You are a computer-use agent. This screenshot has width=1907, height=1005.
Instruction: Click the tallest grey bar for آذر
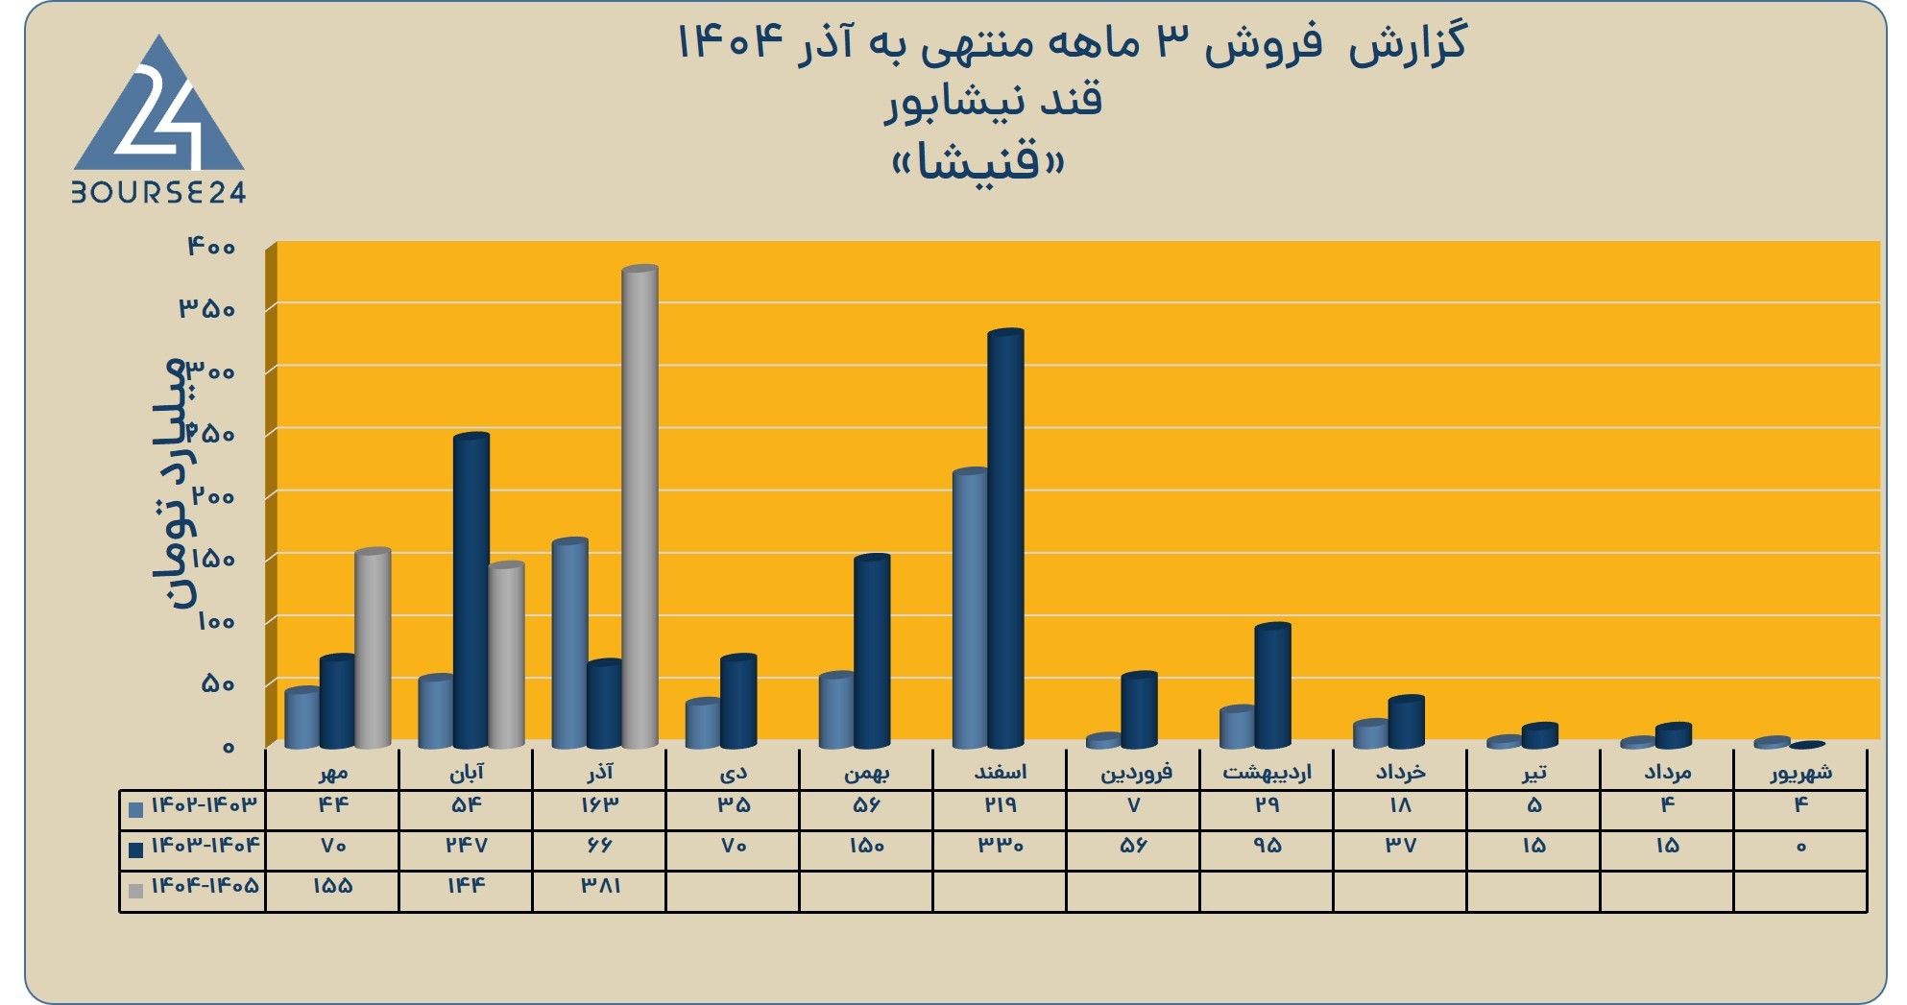point(640,507)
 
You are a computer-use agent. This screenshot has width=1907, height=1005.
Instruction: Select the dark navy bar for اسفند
point(1005,538)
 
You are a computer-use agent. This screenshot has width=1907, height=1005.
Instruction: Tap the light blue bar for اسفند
point(970,608)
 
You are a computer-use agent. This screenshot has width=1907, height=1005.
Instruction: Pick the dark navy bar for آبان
point(471,590)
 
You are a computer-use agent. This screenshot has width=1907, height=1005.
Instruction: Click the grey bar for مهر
point(373,648)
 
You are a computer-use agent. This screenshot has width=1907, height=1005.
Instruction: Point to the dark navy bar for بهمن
point(872,651)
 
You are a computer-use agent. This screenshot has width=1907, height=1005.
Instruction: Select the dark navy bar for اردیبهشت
point(1272,685)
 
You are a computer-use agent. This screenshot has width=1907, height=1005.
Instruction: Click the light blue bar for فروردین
point(1103,741)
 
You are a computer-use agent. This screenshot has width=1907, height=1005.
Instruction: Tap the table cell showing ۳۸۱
point(600,886)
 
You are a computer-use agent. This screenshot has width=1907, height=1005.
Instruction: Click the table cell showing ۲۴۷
point(467,846)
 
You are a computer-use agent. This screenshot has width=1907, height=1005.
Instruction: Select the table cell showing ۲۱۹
point(1000,805)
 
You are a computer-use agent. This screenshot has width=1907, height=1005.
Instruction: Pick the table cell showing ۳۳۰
point(1000,846)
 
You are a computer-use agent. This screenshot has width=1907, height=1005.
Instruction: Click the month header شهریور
point(1801,772)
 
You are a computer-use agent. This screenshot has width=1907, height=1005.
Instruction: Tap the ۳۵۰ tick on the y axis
point(207,309)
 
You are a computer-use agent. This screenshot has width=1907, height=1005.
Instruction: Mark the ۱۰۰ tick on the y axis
point(215,622)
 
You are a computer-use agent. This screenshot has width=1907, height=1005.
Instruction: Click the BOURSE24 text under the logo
point(159,193)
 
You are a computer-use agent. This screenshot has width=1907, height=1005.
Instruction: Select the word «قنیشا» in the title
point(978,162)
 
